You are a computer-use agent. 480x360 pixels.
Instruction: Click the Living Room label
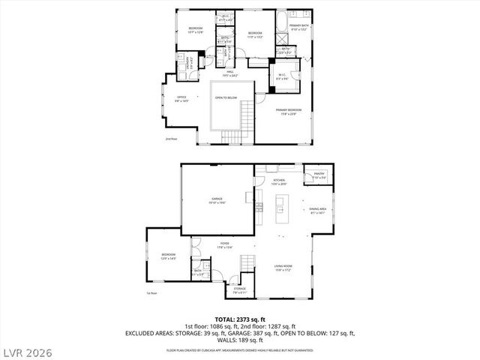click(283, 267)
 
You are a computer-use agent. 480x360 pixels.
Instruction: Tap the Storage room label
click(239, 289)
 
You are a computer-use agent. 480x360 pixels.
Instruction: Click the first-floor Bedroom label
click(168, 256)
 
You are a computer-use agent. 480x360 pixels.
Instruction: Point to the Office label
click(181, 98)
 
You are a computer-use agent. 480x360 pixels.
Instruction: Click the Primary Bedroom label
click(294, 112)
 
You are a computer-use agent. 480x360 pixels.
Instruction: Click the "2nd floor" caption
click(172, 139)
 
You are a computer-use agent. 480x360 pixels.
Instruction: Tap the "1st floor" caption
click(151, 293)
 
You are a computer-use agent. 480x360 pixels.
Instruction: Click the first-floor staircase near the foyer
click(247, 263)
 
